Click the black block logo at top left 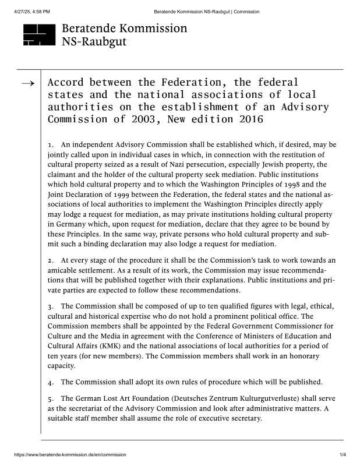[38, 34]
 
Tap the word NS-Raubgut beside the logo [94, 41]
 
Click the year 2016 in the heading [250, 120]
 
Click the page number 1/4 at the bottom [343, 454]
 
